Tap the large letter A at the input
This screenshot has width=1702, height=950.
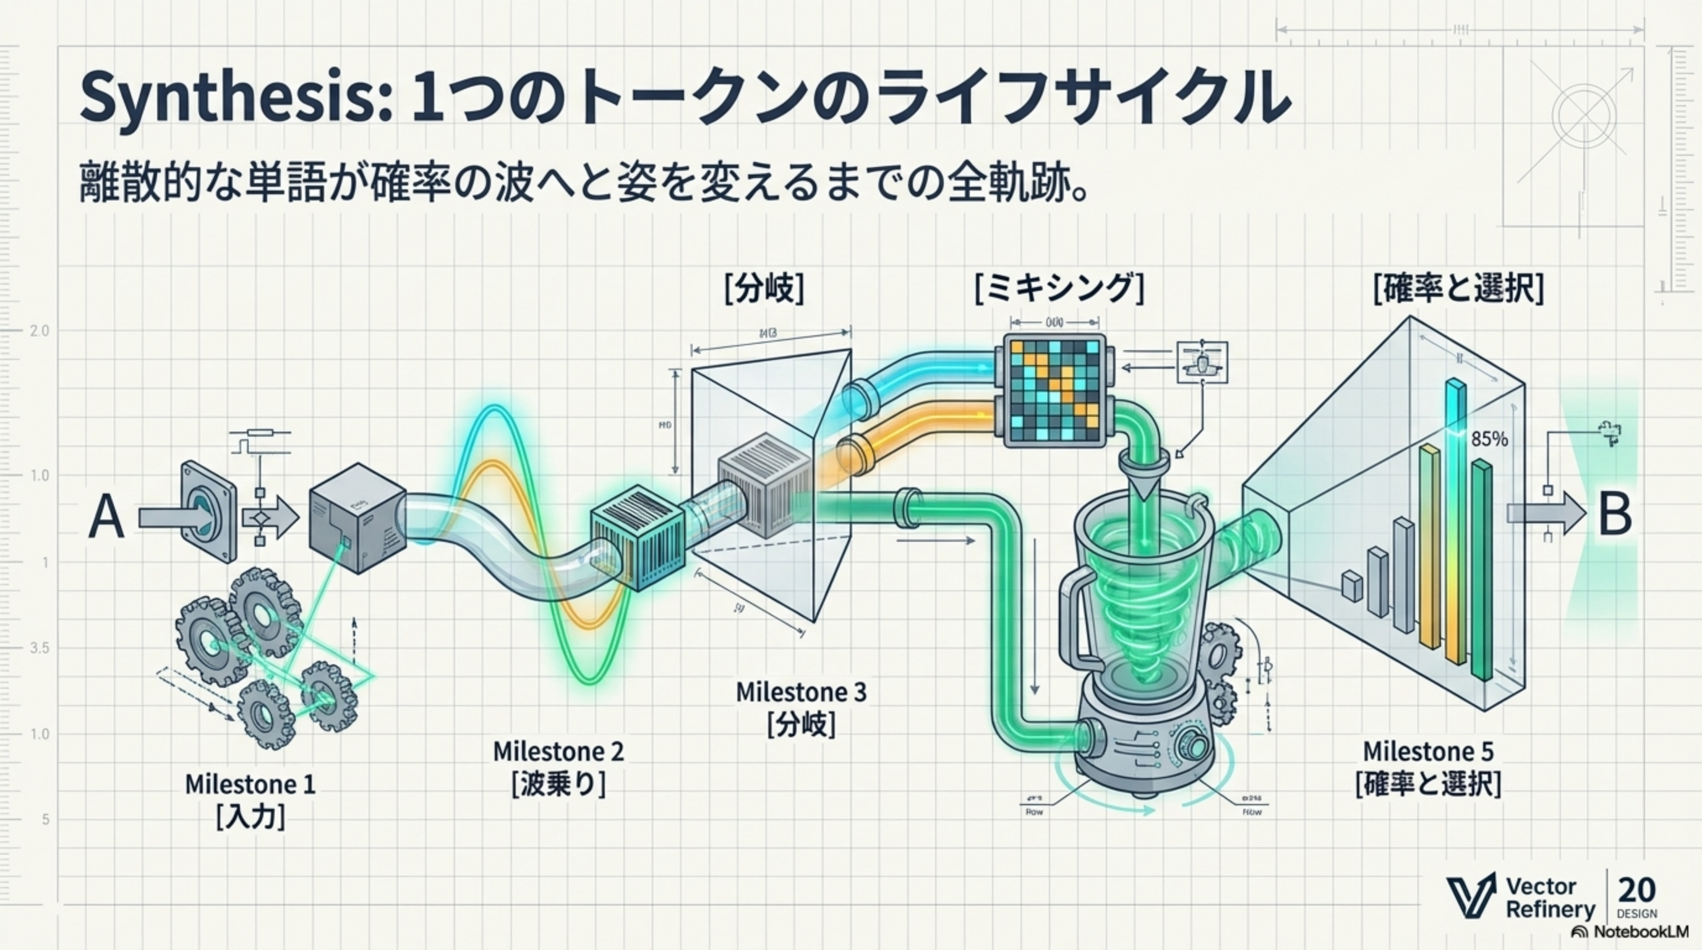point(106,518)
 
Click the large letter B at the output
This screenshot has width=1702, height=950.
point(1615,515)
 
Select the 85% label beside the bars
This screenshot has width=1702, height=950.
point(1489,439)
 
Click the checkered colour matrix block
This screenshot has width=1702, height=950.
point(1053,390)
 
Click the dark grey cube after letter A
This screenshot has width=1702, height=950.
point(357,518)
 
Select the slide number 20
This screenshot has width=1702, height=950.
point(1636,890)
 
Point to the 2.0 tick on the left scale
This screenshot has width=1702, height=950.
point(40,331)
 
